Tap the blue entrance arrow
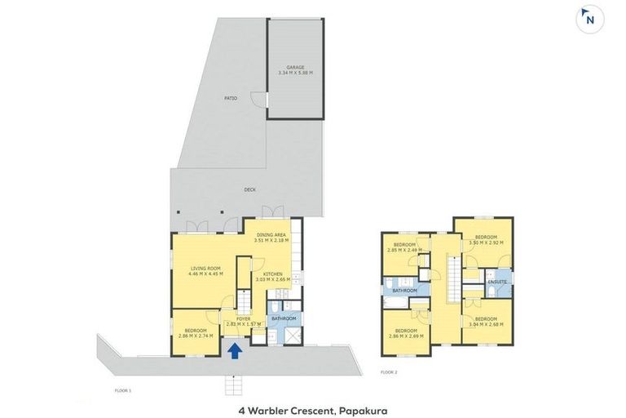(234, 351)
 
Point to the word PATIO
(231, 99)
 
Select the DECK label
(249, 189)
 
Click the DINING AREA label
(270, 235)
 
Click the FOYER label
(243, 318)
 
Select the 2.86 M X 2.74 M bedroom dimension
(196, 336)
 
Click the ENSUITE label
(497, 282)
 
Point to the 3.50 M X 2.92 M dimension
(487, 243)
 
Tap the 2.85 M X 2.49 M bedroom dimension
(405, 250)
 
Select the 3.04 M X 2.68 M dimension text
(487, 324)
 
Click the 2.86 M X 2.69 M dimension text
(405, 336)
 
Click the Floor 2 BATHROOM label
(405, 291)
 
